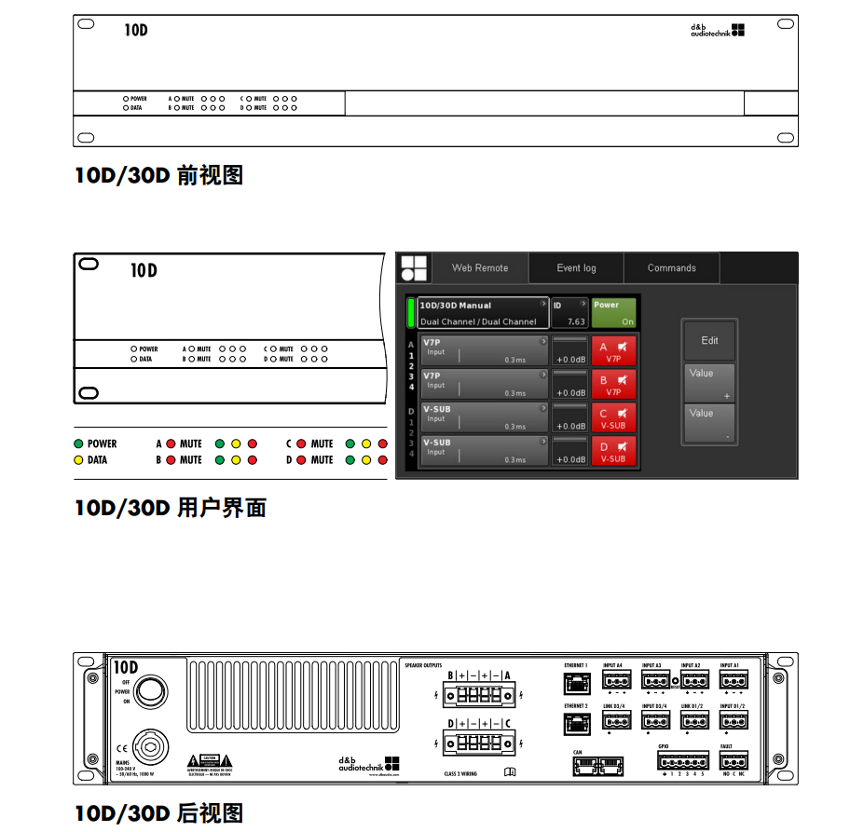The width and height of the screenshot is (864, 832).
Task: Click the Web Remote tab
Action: coord(480,268)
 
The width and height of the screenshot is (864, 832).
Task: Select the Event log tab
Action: coord(576,268)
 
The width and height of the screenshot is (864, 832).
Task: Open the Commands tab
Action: coord(671,268)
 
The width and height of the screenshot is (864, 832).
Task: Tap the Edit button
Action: coord(709,341)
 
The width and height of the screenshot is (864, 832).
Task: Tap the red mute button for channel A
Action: coord(613,351)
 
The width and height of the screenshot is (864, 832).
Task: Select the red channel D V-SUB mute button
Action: coord(613,452)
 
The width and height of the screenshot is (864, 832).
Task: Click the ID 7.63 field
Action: coord(569,313)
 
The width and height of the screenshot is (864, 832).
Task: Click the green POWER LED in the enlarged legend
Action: coord(79,444)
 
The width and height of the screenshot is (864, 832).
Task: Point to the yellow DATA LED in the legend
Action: coord(79,459)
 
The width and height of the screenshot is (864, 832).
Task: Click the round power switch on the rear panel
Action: coord(152,690)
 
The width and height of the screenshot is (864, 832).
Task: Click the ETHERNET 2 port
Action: coord(576,723)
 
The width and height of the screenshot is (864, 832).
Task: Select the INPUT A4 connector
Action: coord(616,681)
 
